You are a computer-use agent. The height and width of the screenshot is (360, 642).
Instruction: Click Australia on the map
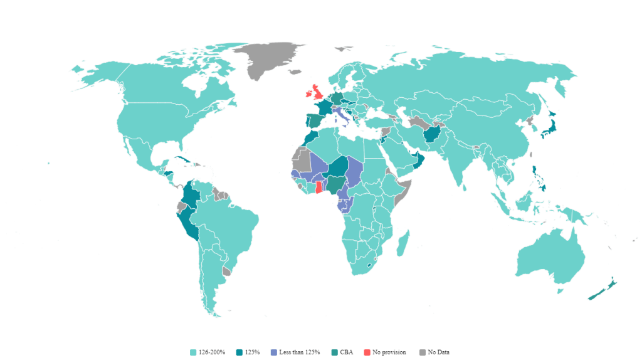click(549, 258)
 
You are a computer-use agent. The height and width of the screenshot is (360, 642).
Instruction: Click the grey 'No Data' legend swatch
click(423, 352)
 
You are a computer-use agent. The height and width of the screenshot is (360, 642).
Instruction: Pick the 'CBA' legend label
click(347, 352)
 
